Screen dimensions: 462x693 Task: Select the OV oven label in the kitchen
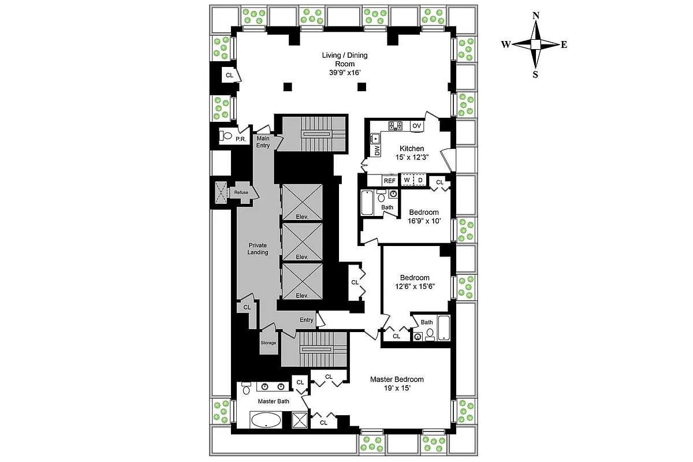[x=417, y=125]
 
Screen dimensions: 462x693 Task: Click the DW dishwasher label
[x=377, y=151]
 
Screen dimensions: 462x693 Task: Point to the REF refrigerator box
[x=390, y=180]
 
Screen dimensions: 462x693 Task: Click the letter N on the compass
[x=536, y=16]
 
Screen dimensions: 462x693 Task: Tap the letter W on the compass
[x=505, y=44]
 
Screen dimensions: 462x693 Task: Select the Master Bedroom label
[x=397, y=379]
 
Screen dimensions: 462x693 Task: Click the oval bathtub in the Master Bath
[x=266, y=420]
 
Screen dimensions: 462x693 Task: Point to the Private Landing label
[x=258, y=249]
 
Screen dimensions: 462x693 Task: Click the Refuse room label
[x=241, y=192]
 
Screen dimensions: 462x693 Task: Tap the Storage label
[x=269, y=342]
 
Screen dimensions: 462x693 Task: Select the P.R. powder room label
[x=241, y=139]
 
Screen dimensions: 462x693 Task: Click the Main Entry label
[x=263, y=142]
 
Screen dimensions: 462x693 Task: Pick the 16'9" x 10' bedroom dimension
[x=424, y=221]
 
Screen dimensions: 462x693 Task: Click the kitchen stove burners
[x=395, y=125]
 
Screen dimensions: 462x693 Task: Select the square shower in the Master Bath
[x=300, y=419]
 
